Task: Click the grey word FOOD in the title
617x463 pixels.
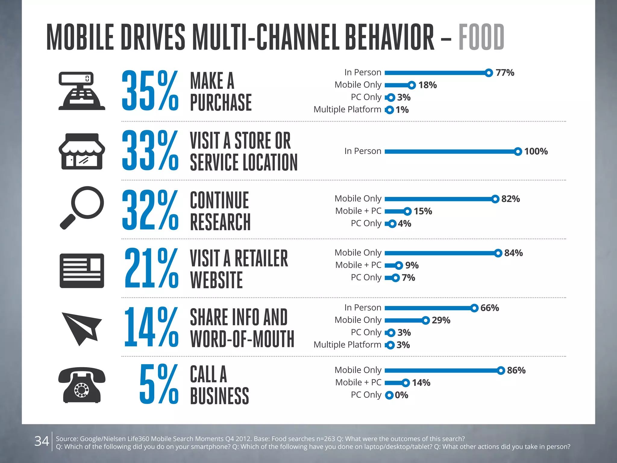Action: tap(481, 37)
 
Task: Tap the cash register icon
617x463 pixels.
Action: tap(82, 91)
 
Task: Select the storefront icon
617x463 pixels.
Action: tap(82, 151)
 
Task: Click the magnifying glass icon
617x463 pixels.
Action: tap(82, 208)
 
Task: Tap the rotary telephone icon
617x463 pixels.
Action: tap(82, 385)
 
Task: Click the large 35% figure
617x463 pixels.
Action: tap(150, 91)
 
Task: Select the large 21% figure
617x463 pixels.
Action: tap(151, 268)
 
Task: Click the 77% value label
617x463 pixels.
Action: tap(505, 73)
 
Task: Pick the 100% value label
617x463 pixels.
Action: tap(536, 151)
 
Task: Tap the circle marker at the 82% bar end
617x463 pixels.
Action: tap(495, 199)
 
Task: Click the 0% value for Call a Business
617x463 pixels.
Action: tap(401, 395)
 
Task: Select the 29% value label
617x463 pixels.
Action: tap(441, 320)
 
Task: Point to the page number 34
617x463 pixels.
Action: tap(42, 441)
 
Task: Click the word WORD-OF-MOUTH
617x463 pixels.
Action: tap(242, 339)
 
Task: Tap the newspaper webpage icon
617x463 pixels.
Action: tap(82, 271)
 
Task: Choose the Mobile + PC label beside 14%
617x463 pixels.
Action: tap(358, 383)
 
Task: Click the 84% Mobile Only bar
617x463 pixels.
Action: tap(440, 253)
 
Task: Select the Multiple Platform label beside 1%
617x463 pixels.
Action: tap(347, 109)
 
